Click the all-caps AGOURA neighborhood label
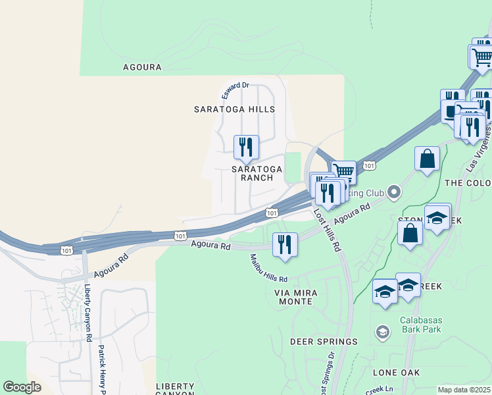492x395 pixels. pos(142,66)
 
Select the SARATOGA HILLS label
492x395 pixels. pos(234,109)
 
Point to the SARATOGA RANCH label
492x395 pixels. pos(257,173)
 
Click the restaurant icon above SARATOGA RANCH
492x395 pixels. pos(246,147)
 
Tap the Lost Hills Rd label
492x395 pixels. pos(327,231)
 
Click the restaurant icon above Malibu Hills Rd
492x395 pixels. pos(285,244)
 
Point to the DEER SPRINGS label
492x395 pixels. pos(324,342)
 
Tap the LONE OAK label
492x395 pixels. pos(396,372)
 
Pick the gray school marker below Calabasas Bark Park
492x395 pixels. pos(381,332)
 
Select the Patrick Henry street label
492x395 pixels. pos(102,369)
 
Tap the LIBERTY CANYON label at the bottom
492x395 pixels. pos(174,388)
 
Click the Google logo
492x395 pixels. pos(22,387)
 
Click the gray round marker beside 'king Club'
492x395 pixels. pos(394,193)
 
